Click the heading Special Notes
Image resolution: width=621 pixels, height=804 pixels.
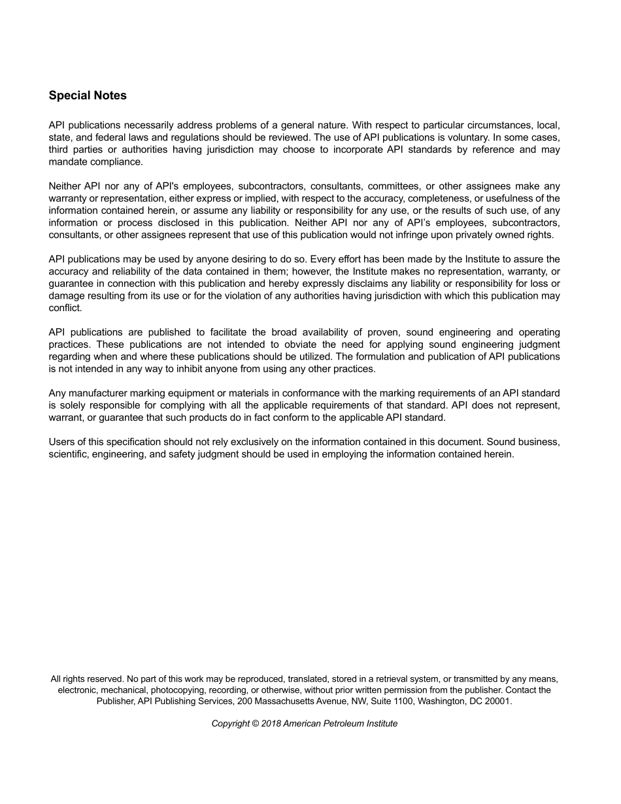point(88,95)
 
